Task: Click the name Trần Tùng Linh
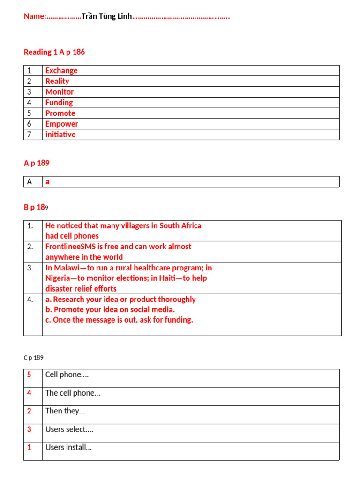point(106,17)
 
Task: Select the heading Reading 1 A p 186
point(54,52)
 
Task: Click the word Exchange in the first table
point(61,71)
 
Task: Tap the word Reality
point(57,81)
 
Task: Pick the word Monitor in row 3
point(60,92)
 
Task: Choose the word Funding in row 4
point(59,103)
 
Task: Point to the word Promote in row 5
point(60,113)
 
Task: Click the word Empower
point(62,124)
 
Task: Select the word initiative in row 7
point(60,135)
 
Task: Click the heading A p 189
point(37,163)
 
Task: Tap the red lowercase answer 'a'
point(47,182)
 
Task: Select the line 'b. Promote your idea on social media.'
point(110,309)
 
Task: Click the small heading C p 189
point(33,358)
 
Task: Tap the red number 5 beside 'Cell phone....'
point(29,375)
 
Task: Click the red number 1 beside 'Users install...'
point(29,447)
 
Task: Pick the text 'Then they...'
point(65,411)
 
